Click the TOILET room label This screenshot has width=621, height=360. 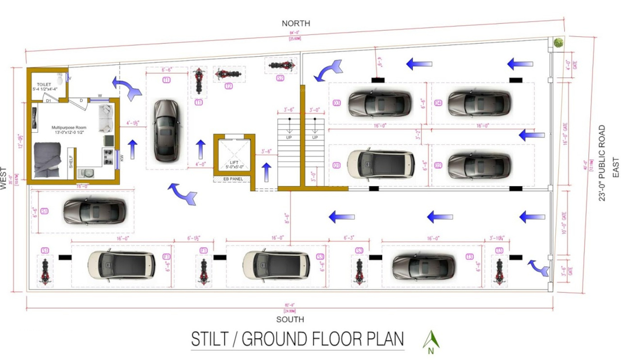[x=44, y=84]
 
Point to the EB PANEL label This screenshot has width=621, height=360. [x=233, y=179]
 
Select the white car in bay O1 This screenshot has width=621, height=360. [x=381, y=164]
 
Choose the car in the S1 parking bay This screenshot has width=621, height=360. [x=94, y=211]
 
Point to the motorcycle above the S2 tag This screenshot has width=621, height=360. [x=281, y=65]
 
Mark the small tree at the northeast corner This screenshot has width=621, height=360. [x=558, y=43]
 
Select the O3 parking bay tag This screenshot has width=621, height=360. [x=337, y=103]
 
